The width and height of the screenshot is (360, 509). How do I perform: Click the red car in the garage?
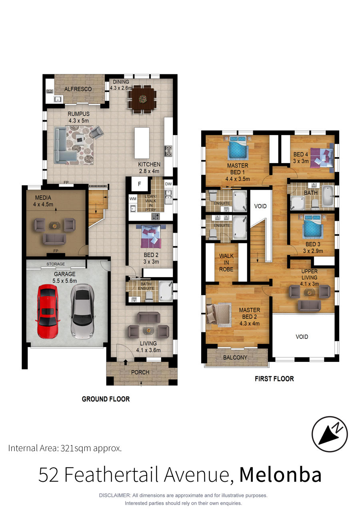[x=48, y=311]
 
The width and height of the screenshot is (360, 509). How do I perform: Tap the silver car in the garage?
[x=82, y=311]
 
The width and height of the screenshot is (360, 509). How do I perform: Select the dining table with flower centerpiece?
[x=142, y=99]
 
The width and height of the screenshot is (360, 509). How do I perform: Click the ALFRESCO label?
[x=78, y=89]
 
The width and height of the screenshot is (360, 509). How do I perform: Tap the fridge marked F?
[x=139, y=184]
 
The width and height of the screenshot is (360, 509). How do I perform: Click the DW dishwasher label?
[x=168, y=184]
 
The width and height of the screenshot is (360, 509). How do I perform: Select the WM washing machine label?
[x=133, y=199]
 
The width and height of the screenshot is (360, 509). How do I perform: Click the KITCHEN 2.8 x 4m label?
[x=149, y=168]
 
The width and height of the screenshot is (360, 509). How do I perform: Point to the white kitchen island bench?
[x=142, y=143]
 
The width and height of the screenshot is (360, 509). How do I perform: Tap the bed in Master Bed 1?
[x=238, y=147]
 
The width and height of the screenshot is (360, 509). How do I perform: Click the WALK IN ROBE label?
[x=226, y=263]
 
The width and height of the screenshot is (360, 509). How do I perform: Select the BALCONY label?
[x=235, y=357]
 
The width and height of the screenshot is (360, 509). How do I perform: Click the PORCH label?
[x=140, y=372]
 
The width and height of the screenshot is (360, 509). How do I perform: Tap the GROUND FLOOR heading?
[x=106, y=399]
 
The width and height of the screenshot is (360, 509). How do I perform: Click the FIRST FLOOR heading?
[x=274, y=379]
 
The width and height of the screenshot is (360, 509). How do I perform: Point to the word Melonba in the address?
[x=280, y=475]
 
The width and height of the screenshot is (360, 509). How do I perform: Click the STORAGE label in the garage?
[x=56, y=264]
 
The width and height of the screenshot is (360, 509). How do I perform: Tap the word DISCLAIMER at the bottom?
[x=115, y=495]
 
